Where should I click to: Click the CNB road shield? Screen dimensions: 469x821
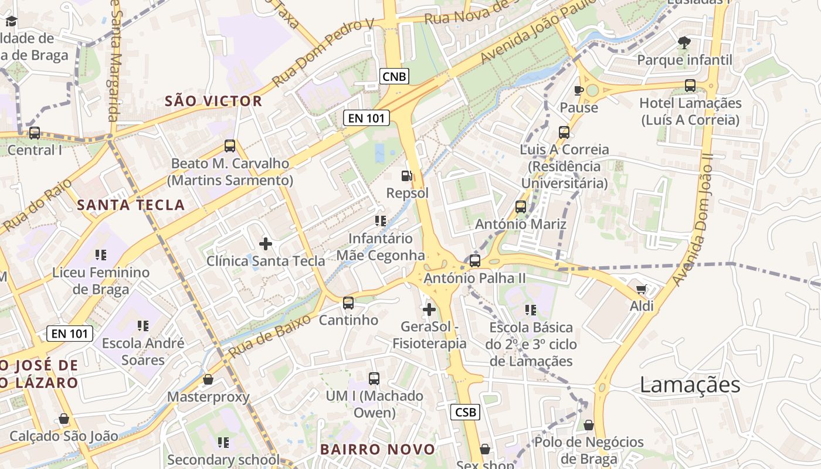(394, 76)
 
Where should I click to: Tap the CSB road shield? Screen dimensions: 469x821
(465, 412)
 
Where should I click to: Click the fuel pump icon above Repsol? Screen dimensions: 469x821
(406, 175)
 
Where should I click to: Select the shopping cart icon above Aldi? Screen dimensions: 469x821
(642, 289)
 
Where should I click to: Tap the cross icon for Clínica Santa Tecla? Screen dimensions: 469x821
(266, 243)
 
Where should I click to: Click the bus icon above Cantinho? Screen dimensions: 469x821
(348, 303)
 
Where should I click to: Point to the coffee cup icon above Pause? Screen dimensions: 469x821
(579, 90)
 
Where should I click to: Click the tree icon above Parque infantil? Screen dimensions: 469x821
(684, 42)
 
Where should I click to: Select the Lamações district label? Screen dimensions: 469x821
(690, 385)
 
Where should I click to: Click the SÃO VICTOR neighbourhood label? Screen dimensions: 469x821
(213, 101)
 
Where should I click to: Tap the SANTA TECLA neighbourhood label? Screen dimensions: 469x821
(131, 205)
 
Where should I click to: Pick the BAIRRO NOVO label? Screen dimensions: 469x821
(378, 450)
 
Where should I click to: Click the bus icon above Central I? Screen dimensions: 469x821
(35, 133)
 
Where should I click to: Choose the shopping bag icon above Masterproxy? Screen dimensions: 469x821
(208, 379)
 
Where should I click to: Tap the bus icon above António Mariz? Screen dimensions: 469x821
(520, 207)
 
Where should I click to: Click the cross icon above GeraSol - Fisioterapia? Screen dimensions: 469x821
(429, 309)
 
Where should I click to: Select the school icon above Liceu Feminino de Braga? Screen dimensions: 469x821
(101, 255)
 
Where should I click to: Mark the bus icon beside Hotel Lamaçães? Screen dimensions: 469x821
(690, 86)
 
